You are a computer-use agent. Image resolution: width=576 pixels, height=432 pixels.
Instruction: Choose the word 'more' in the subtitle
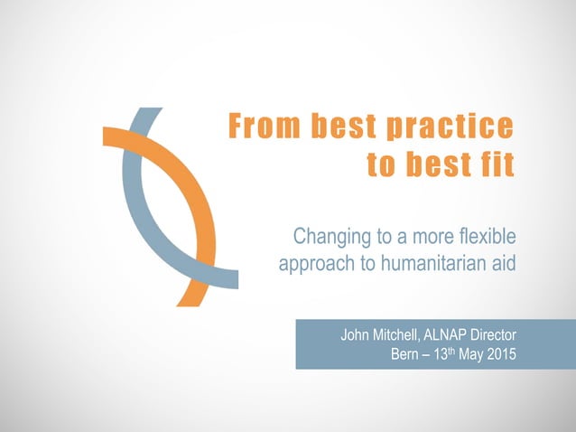pyautogui.click(x=426, y=239)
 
